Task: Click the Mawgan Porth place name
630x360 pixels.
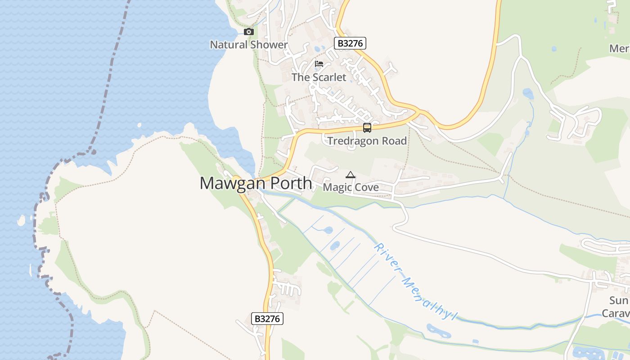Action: click(256, 184)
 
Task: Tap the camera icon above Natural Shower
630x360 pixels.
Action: click(249, 32)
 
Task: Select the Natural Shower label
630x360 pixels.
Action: click(249, 45)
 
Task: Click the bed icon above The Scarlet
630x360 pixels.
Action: click(319, 63)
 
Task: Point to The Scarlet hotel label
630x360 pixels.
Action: click(319, 77)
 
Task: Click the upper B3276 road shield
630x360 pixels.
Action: click(350, 43)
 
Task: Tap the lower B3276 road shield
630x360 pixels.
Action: click(267, 319)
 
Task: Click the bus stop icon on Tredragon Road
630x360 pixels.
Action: click(367, 128)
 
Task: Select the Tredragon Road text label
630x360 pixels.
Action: click(367, 141)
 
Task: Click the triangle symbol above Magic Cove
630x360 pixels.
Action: click(351, 175)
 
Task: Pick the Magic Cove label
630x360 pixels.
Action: click(351, 187)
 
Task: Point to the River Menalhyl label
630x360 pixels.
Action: click(412, 283)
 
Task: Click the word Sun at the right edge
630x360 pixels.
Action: click(619, 301)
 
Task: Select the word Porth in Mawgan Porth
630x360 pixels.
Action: click(289, 184)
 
